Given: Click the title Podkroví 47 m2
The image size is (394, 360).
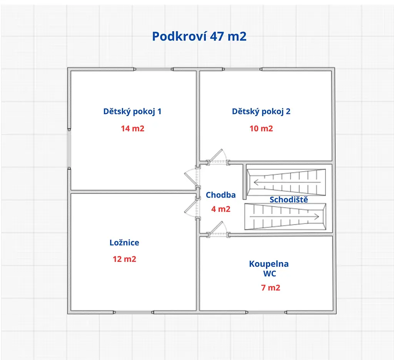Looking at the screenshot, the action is [x=199, y=37].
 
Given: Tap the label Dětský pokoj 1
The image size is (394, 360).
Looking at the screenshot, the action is [x=132, y=111].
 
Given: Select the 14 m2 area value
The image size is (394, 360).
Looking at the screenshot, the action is [x=133, y=129].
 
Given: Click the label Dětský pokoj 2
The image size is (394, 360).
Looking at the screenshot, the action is [x=261, y=111].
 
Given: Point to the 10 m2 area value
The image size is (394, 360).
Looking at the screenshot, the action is [x=261, y=129].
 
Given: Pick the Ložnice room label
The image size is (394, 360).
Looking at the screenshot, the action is [x=124, y=242].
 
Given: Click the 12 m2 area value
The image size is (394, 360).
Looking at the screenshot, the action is [x=124, y=259].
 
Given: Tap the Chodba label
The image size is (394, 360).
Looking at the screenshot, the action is [x=220, y=195].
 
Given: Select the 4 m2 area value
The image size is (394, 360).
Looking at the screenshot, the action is [x=220, y=209].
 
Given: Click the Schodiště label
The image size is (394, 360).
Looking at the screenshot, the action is [x=289, y=199].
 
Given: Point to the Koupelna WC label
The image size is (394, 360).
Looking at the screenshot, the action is [x=269, y=268].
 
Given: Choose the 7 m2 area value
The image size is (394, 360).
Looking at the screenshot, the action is [x=270, y=287].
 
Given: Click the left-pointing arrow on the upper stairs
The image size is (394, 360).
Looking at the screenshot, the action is [x=287, y=182].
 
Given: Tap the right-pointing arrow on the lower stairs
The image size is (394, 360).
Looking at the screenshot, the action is [x=284, y=216].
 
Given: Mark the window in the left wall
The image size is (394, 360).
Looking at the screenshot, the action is [x=69, y=149].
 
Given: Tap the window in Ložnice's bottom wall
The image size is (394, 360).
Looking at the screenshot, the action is [x=134, y=312].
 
